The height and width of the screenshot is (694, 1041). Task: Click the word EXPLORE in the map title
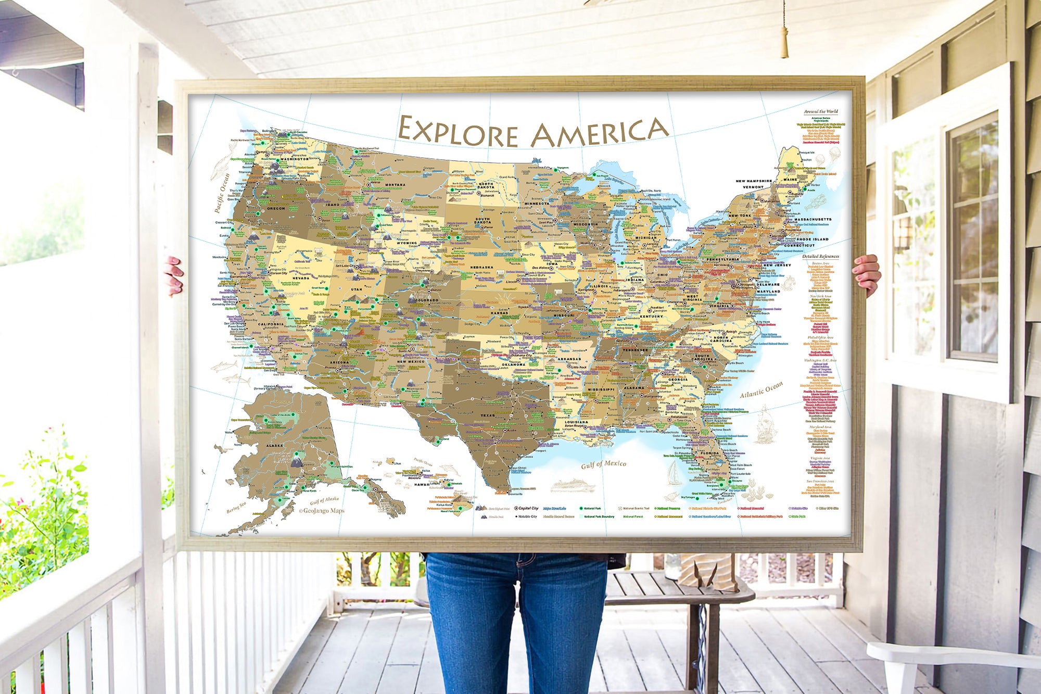pos(458,132)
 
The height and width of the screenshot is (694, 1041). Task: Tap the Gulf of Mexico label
pos(603,464)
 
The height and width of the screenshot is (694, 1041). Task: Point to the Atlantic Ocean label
pos(761,389)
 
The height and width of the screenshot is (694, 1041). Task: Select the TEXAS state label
pos(488,415)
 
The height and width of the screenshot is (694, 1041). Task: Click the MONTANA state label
pos(395,185)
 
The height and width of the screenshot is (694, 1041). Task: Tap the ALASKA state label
pos(274,446)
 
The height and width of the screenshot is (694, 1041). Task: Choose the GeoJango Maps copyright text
pos(322,511)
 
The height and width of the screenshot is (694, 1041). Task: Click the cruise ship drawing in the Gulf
pos(573,486)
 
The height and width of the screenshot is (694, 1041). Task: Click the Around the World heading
pos(821,111)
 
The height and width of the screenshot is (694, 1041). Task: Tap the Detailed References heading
pos(820,256)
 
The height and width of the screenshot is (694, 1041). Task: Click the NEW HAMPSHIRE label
pos(754,181)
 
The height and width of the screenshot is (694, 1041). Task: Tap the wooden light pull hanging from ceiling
pos(784,42)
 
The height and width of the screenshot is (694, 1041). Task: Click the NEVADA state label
pos(301,278)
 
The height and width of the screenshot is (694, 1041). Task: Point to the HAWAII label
pos(422,484)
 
